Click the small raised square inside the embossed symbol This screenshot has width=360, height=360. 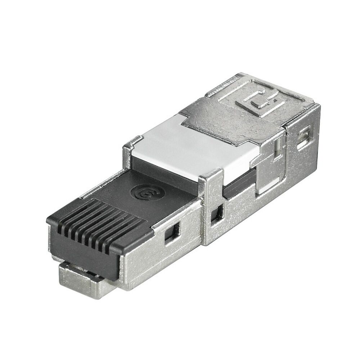pyautogui.click(x=256, y=104)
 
